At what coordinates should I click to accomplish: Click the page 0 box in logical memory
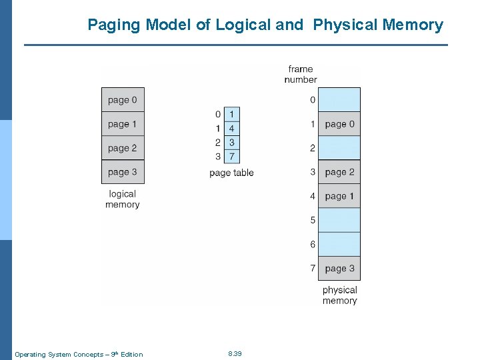click(x=123, y=100)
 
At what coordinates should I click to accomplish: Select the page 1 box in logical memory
click(x=123, y=124)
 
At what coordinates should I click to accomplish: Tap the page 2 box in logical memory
click(x=123, y=148)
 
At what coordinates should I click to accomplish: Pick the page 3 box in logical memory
click(x=123, y=172)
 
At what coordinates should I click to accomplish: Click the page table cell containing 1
click(x=231, y=114)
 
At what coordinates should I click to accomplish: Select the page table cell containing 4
click(x=231, y=128)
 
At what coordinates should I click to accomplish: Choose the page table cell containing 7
click(x=231, y=156)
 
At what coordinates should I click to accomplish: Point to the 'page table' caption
click(x=231, y=173)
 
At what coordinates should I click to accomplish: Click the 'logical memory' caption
click(x=122, y=199)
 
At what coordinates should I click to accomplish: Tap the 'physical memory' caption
click(x=339, y=295)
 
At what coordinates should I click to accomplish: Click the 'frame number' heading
click(x=300, y=74)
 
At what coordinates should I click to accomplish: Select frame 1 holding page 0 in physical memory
click(x=339, y=124)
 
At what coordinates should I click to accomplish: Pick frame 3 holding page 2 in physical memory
click(x=339, y=172)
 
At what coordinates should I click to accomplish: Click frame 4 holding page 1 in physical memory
click(x=339, y=196)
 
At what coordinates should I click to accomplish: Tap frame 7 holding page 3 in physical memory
click(x=339, y=269)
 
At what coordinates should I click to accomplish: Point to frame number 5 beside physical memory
click(x=312, y=220)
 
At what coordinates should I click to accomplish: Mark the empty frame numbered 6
click(x=339, y=245)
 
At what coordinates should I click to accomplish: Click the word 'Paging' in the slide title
click(x=114, y=25)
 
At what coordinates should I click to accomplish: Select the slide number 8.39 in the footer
click(x=235, y=353)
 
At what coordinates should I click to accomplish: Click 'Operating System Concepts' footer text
click(x=57, y=354)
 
